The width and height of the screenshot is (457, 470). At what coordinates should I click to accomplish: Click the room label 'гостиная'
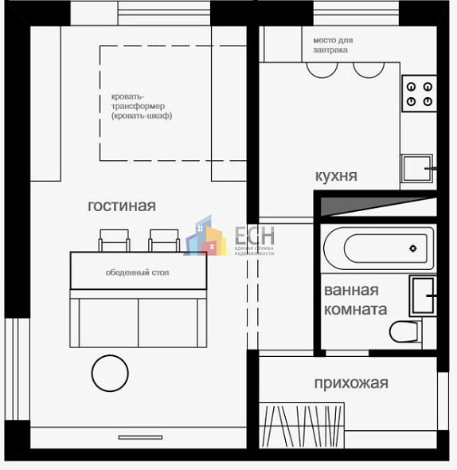(121, 206)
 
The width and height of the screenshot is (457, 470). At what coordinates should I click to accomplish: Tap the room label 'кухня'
(336, 175)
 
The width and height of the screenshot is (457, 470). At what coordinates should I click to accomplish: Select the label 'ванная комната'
(356, 300)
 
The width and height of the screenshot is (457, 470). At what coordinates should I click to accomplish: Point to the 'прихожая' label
(351, 383)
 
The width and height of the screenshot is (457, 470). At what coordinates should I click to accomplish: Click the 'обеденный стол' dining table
(138, 272)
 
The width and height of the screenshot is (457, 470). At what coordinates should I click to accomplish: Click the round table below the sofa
(109, 373)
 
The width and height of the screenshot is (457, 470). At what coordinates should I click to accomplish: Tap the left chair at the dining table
(115, 240)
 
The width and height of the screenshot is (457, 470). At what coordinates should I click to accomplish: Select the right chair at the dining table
(164, 240)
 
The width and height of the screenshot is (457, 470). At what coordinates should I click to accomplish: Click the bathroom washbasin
(422, 296)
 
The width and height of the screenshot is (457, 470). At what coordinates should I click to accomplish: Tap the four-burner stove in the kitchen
(419, 93)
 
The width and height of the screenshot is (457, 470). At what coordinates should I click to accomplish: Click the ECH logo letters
(254, 236)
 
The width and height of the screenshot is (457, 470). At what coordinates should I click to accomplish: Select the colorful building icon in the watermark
(205, 237)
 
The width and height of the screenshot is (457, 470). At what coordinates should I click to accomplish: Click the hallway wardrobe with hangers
(303, 425)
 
